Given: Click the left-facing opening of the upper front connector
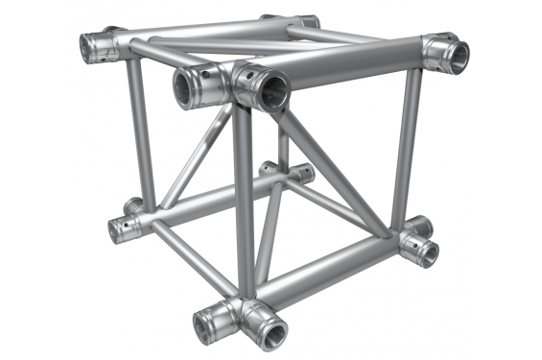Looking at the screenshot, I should [x=191, y=89].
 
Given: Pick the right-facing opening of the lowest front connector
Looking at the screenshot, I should [x=267, y=331].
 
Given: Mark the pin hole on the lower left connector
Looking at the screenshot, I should [x=120, y=228].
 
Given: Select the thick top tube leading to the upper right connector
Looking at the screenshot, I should [x=355, y=70].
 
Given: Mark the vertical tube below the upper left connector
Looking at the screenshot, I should [x=140, y=134].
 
